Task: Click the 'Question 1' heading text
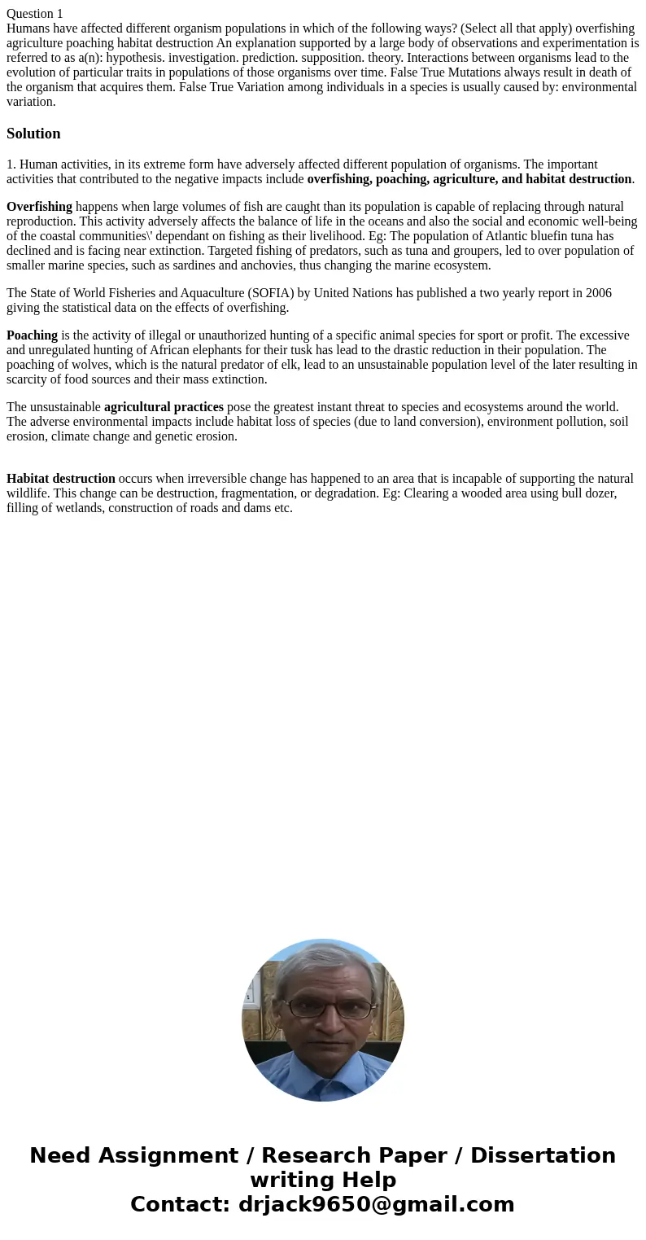[35, 13]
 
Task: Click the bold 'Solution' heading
[33, 134]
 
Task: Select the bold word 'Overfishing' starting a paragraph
[39, 207]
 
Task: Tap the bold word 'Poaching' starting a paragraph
[32, 335]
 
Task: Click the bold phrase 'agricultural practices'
[164, 407]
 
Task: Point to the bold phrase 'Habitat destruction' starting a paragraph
[61, 479]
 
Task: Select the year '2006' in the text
[598, 293]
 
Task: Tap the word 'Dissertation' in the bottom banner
[543, 1155]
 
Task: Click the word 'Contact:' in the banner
[180, 1204]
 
